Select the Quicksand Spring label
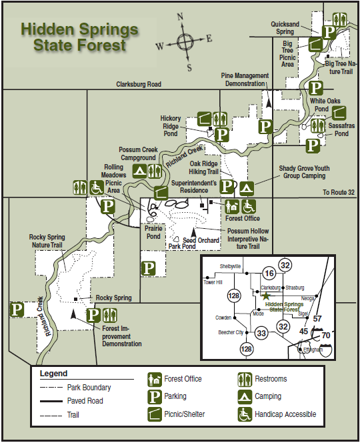point(291,27)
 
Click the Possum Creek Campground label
point(138,154)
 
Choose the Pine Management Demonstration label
point(245,79)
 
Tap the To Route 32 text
point(339,191)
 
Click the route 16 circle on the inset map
point(269,273)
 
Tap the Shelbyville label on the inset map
point(230,266)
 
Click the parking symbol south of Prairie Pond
point(150,268)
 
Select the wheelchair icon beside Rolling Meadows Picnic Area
point(95,187)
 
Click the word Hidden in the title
point(46,29)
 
